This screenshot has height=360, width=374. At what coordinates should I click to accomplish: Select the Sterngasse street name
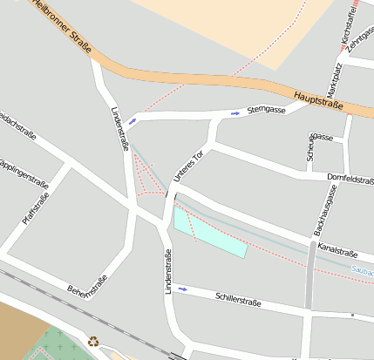pos(267,110)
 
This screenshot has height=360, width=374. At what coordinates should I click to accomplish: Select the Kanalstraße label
pos(338,251)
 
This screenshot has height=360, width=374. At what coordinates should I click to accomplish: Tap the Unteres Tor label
pos(187,165)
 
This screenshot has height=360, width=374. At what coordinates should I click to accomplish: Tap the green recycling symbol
pos(93,343)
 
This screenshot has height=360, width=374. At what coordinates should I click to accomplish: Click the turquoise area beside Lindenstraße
pos(209,232)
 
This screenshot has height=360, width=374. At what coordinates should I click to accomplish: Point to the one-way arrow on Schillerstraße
pos(182,289)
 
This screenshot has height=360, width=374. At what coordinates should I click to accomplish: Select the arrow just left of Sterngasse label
pos(235,113)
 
